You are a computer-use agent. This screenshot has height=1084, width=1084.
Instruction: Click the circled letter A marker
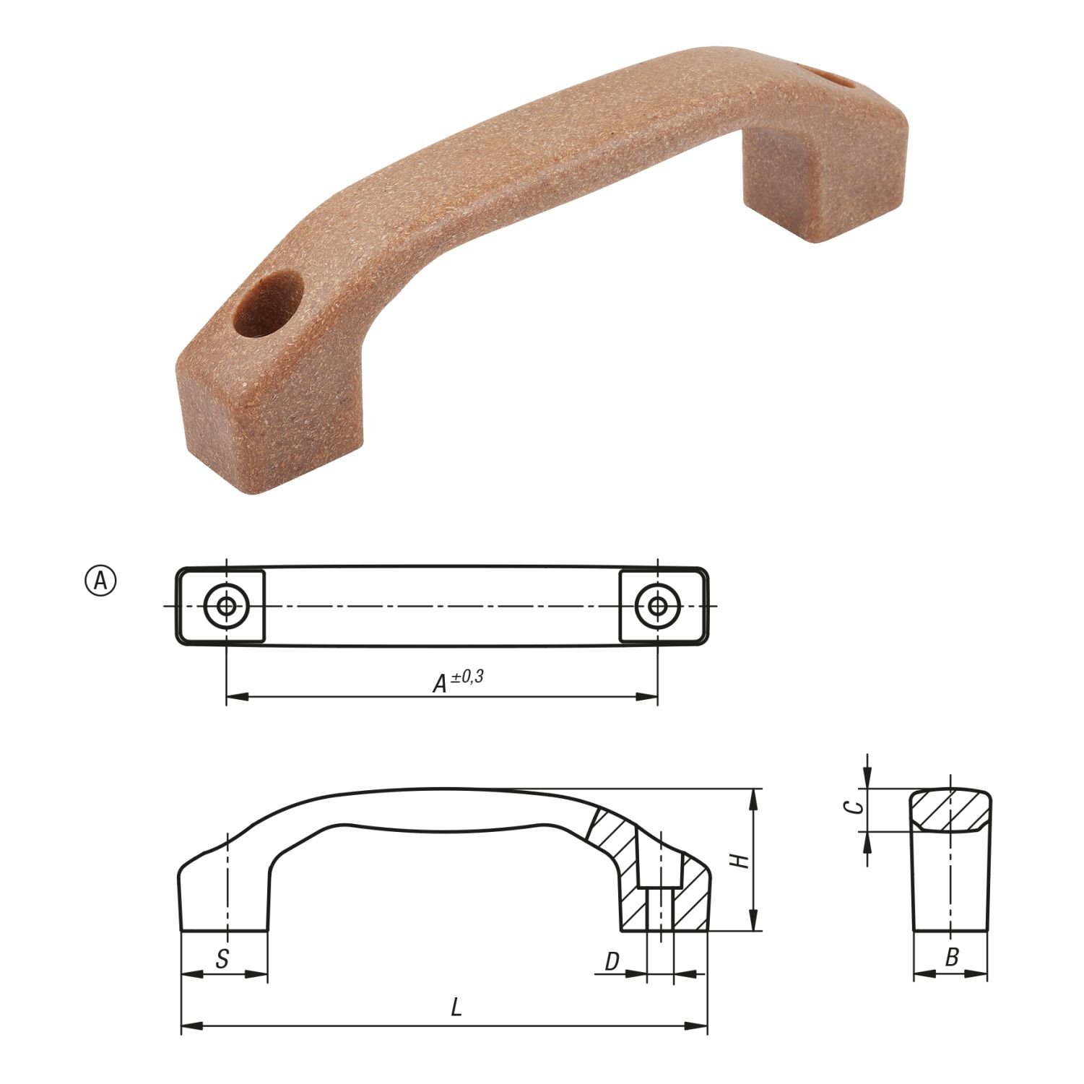[100, 580]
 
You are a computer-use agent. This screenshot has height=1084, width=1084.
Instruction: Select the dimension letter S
[222, 959]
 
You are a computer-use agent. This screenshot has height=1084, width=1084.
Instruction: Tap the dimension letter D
[612, 961]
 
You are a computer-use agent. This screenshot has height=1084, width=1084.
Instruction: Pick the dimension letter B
[952, 958]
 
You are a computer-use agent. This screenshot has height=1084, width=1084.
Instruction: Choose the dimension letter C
[854, 808]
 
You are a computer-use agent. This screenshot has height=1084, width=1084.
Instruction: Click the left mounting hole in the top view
[227, 606]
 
